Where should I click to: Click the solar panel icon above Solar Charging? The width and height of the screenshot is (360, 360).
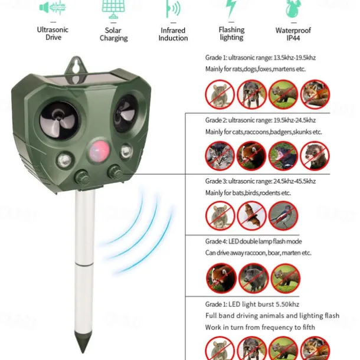(x=113, y=9)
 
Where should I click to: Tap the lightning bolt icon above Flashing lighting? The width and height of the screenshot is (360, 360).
(x=231, y=8)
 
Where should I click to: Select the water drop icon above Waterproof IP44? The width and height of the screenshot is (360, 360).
(x=293, y=9)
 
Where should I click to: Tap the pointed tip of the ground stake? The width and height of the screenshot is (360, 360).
(x=83, y=352)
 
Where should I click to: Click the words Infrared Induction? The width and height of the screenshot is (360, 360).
(x=173, y=34)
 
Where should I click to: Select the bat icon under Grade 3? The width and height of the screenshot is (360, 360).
(x=251, y=215)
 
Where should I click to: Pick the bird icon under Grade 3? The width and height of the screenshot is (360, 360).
(x=283, y=215)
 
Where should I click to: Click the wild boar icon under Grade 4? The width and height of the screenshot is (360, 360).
(x=253, y=278)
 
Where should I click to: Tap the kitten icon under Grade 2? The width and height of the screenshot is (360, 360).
(x=220, y=156)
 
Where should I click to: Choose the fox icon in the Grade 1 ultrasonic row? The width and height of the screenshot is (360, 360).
(x=315, y=94)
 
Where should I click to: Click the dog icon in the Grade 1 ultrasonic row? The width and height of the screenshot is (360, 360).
(x=251, y=94)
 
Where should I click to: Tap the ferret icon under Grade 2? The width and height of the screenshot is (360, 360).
(x=315, y=156)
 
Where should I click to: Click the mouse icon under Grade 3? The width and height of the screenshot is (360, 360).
(x=220, y=215)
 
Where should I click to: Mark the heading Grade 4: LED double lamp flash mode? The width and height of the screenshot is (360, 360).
(x=253, y=241)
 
